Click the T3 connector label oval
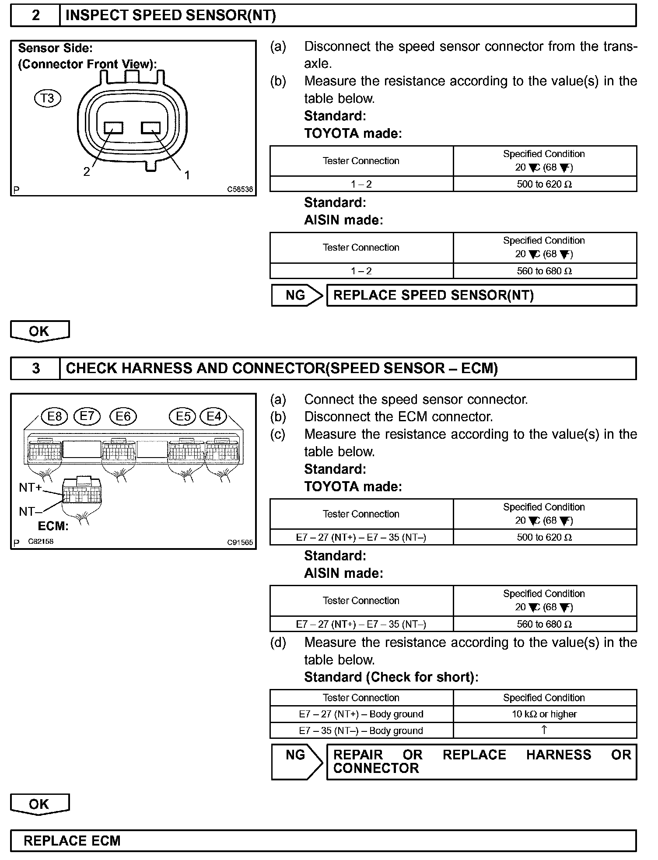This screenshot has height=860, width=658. click(47, 98)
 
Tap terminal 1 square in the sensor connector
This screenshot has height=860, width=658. click(151, 128)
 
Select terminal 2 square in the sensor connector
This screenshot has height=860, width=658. click(114, 128)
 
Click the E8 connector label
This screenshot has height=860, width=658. click(55, 416)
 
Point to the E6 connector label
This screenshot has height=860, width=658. click(123, 416)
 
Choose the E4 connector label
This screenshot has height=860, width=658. click(213, 416)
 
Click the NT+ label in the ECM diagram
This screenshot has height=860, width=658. click(30, 487)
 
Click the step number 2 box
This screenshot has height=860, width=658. click(35, 16)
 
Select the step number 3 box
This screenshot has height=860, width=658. click(35, 368)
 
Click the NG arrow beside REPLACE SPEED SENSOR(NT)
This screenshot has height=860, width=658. click(297, 295)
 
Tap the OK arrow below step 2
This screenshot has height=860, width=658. click(39, 331)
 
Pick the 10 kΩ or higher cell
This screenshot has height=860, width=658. click(545, 714)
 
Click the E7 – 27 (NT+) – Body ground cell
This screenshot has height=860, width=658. click(361, 714)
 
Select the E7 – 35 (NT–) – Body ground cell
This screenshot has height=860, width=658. click(361, 731)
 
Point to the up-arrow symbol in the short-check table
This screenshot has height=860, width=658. click(544, 730)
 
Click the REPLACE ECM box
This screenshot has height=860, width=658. click(323, 841)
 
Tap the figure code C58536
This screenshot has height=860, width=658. click(240, 189)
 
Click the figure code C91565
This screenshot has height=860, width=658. click(240, 542)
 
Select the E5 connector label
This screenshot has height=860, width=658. click(183, 416)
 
